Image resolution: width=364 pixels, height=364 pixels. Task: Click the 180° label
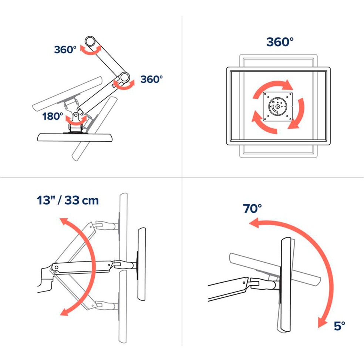pyautogui.click(x=53, y=117)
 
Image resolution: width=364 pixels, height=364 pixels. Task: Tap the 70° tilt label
pyautogui.click(x=252, y=208)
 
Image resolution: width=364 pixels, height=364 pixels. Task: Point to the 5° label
pyautogui.click(x=339, y=326)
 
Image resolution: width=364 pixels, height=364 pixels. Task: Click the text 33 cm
pyautogui.click(x=81, y=200)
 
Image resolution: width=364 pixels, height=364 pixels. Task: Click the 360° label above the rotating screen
pyautogui.click(x=280, y=42)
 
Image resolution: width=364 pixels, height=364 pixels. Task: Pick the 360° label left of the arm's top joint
pyautogui.click(x=65, y=49)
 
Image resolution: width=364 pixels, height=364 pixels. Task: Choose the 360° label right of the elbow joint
pyautogui.click(x=151, y=79)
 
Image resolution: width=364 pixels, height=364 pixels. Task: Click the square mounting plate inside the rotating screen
pyautogui.click(x=277, y=107)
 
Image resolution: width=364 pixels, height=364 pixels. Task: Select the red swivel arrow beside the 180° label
pyautogui.click(x=76, y=119)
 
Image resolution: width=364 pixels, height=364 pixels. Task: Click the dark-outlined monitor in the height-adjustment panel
pyautogui.click(x=141, y=263)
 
